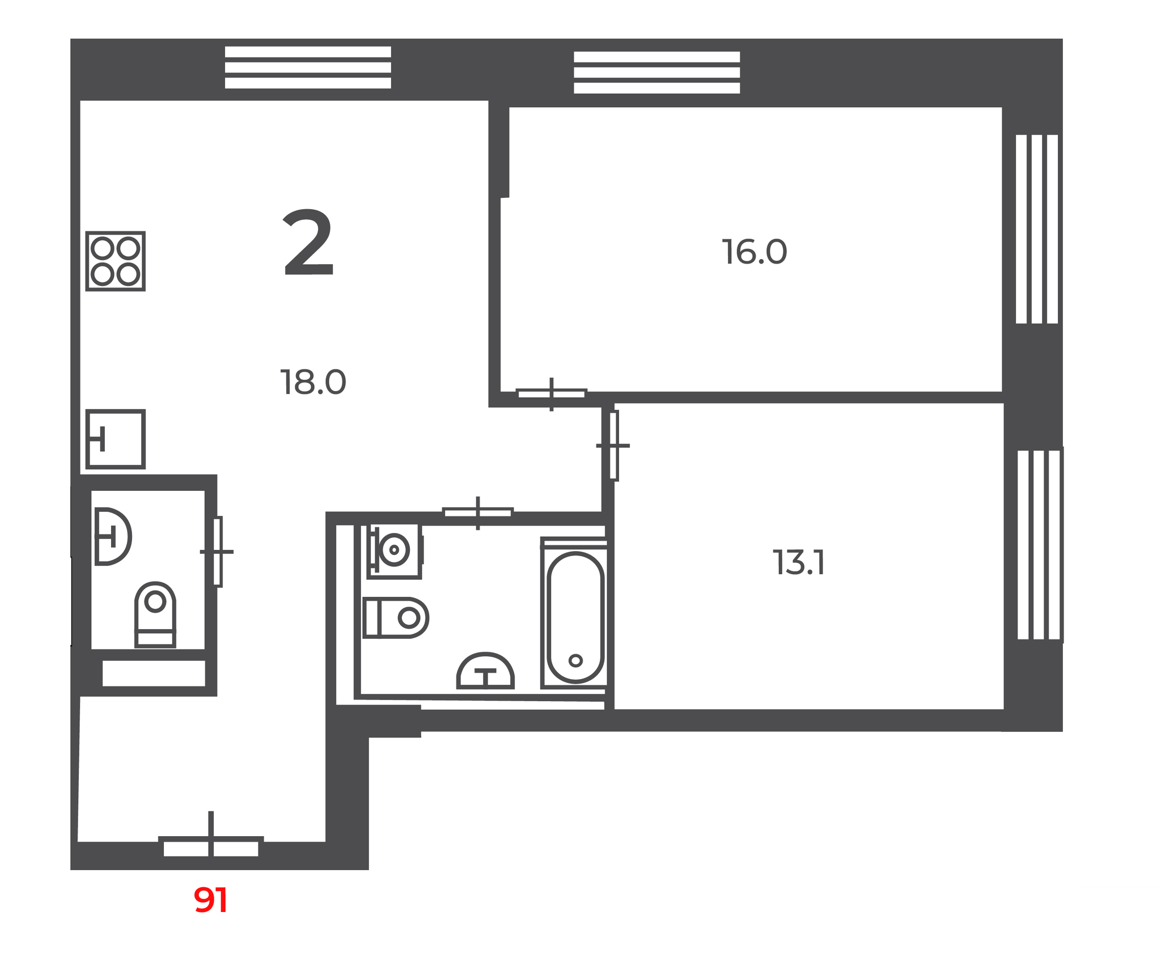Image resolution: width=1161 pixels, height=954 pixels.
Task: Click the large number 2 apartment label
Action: point(308,242)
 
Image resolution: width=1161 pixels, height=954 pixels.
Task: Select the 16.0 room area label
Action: point(755,252)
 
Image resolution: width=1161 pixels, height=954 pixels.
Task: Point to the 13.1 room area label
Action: point(799,563)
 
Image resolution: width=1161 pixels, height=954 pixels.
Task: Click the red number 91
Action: point(211,900)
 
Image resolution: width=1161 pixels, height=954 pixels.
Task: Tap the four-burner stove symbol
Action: point(116,261)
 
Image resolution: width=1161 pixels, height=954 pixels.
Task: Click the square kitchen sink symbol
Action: point(116,439)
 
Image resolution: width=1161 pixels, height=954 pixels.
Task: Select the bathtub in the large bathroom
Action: point(575,613)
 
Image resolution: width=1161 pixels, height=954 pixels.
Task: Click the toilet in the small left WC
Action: point(155,614)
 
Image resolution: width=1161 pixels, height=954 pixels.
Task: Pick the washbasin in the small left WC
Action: point(113,536)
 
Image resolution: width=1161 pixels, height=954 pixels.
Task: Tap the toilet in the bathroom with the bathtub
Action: point(396,617)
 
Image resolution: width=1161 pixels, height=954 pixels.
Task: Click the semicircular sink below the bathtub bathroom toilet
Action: point(485,671)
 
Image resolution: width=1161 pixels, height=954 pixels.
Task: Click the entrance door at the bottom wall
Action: point(211,847)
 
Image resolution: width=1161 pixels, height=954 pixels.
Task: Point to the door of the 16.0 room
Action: point(552,394)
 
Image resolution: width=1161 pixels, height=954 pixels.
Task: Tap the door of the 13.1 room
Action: point(613,446)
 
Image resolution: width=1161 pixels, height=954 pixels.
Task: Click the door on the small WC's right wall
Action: point(217,552)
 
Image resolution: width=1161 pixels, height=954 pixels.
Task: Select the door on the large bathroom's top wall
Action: point(478,513)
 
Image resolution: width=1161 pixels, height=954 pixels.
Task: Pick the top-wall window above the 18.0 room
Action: point(308,67)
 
